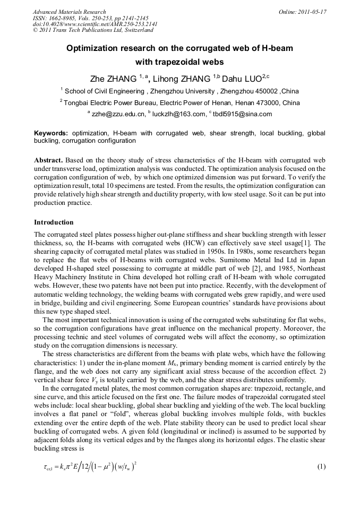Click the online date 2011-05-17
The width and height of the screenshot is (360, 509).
click(x=310, y=12)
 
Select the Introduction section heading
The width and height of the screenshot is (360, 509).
click(x=54, y=222)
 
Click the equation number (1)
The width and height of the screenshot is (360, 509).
click(x=321, y=467)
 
